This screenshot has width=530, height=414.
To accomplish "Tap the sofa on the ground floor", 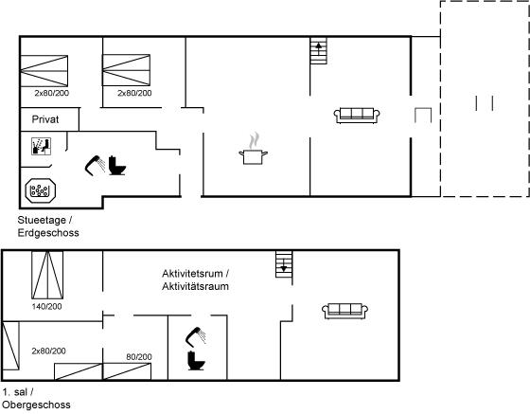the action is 357,116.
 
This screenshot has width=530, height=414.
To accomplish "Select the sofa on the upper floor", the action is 344,311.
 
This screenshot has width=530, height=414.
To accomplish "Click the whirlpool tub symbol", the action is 41,190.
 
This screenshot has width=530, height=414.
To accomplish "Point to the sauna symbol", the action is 42,147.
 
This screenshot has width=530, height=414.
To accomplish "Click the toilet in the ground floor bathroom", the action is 117,166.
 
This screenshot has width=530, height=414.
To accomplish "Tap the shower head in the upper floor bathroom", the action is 196,337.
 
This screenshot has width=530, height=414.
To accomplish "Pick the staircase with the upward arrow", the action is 319,51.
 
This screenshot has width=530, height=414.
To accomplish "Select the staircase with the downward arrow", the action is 284,264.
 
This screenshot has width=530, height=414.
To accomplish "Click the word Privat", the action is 45,119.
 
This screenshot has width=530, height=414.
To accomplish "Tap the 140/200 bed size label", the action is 47,307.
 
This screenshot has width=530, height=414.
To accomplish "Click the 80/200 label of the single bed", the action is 139,357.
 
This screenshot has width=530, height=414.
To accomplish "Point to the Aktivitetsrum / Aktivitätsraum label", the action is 195,279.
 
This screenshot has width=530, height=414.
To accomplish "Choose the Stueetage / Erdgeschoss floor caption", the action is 48,226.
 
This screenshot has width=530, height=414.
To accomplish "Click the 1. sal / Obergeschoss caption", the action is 36,399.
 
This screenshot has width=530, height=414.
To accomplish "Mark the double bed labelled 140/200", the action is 47,275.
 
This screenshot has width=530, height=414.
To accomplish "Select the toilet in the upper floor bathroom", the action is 197,361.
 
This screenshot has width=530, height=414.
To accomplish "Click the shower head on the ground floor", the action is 95,166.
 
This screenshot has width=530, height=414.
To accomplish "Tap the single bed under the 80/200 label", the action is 127,371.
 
